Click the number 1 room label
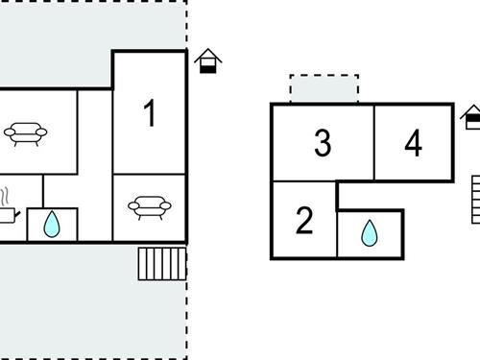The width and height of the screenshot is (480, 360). pyautogui.click(x=149, y=113)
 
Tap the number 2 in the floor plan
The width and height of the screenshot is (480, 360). pyautogui.click(x=304, y=221)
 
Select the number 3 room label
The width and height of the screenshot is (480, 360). pyautogui.click(x=323, y=144)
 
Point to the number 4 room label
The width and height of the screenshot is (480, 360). pyautogui.click(x=413, y=144)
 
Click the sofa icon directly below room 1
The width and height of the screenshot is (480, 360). pyautogui.click(x=148, y=205)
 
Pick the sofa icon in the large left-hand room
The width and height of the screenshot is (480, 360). pyautogui.click(x=21, y=133)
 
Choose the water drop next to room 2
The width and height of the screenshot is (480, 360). pyautogui.click(x=369, y=233)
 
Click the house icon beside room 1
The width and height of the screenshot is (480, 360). pyautogui.click(x=208, y=62)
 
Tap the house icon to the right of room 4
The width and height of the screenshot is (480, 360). pyautogui.click(x=471, y=118)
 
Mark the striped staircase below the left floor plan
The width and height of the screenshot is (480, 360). pyautogui.click(x=160, y=263)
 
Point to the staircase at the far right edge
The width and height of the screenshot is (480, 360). pyautogui.click(x=475, y=199)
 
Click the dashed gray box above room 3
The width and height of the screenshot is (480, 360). pyautogui.click(x=324, y=89)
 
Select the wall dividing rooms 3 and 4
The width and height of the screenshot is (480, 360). pyautogui.click(x=373, y=142)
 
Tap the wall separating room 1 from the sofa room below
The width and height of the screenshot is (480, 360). pyautogui.click(x=149, y=174)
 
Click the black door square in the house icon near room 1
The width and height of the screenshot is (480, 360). pyautogui.click(x=208, y=67)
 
